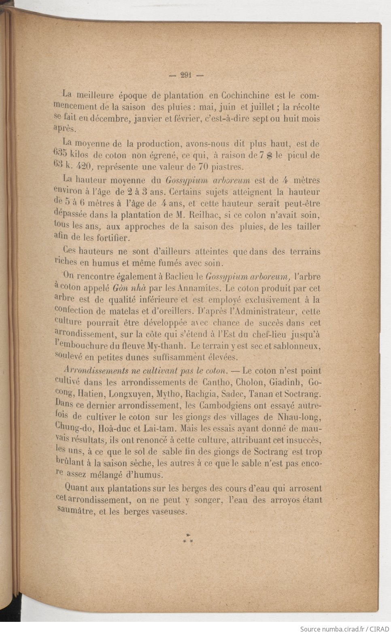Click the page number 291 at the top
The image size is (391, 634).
(x=186, y=75)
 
